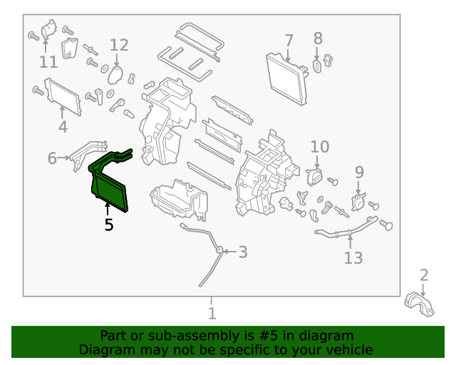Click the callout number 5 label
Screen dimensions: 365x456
(x=108, y=225)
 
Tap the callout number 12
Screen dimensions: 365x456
(x=119, y=46)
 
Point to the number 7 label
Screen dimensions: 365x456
(x=289, y=40)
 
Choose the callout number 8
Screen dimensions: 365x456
(x=318, y=38)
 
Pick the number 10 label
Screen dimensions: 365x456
(x=320, y=147)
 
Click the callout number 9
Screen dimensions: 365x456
(x=359, y=172)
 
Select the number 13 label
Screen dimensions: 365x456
(x=353, y=257)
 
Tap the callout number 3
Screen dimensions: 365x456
(x=243, y=252)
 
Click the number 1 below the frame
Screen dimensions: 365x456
(x=212, y=313)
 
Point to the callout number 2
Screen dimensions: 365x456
(x=424, y=274)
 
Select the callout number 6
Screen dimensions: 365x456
(x=52, y=158)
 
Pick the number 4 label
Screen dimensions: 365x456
(x=63, y=128)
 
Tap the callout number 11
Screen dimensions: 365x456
(x=48, y=62)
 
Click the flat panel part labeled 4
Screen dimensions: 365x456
(x=63, y=97)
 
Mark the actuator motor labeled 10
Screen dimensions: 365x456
(x=313, y=175)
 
